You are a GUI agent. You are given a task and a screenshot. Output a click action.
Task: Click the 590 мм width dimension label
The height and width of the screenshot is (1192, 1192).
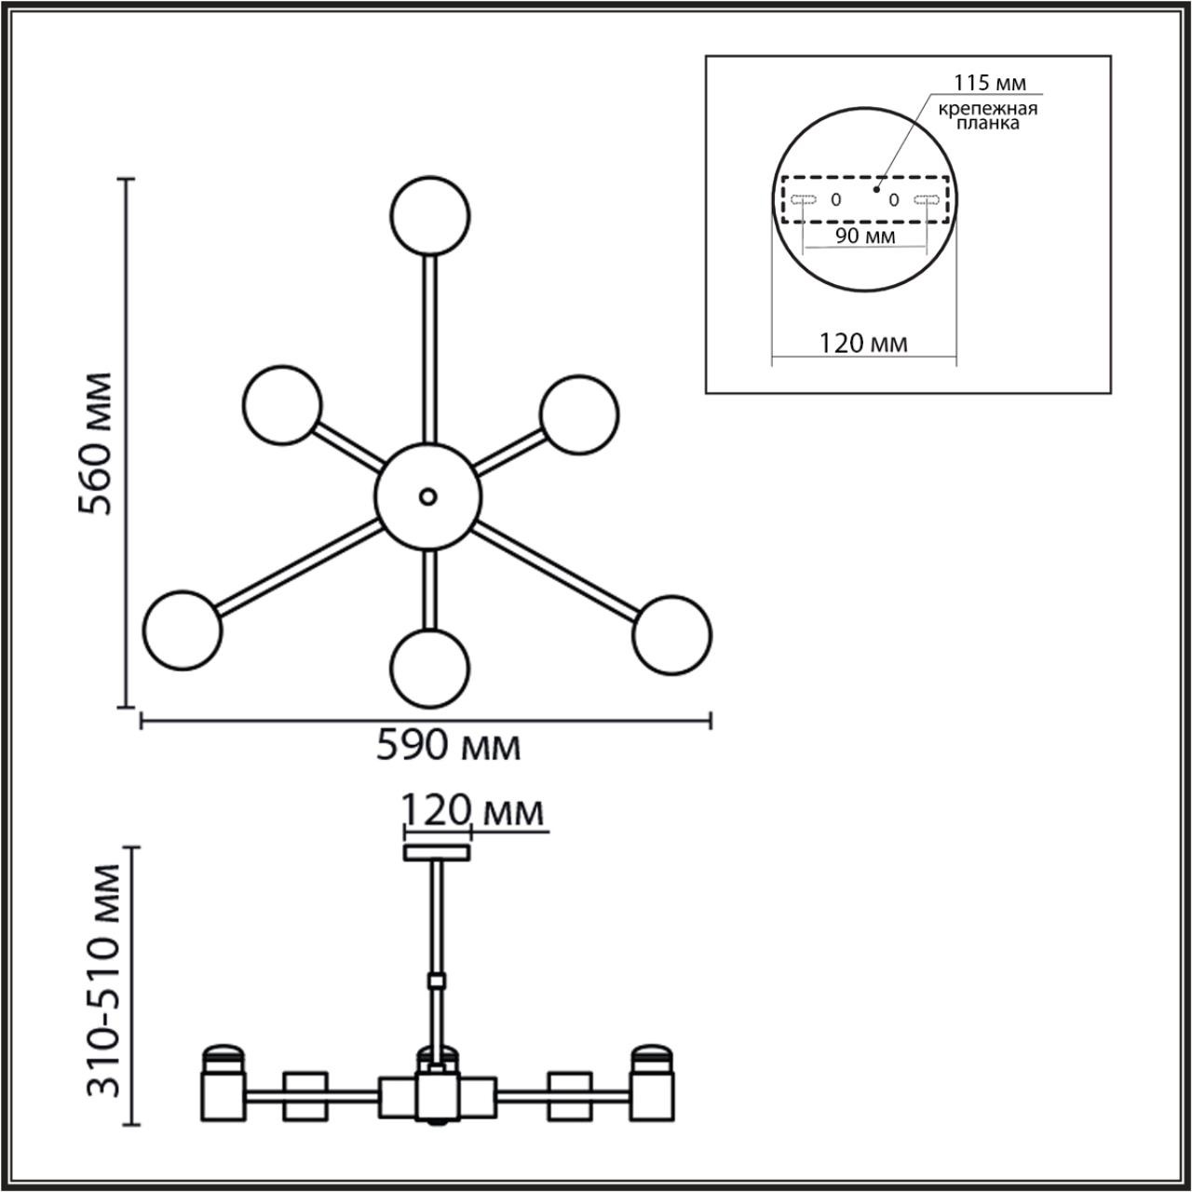click(448, 746)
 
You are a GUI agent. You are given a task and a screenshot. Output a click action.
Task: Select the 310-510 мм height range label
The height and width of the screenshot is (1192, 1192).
click(102, 980)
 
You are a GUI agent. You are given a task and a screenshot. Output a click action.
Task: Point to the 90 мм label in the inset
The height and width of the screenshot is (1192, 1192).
click(865, 236)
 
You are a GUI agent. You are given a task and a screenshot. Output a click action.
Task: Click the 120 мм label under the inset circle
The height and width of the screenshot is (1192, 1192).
click(863, 344)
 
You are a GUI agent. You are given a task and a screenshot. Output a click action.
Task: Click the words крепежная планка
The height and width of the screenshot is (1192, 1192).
click(987, 116)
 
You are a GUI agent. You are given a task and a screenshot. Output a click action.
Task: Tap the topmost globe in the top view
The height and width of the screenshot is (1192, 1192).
click(428, 215)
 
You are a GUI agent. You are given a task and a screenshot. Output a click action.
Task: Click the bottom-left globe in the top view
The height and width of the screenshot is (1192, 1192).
click(183, 629)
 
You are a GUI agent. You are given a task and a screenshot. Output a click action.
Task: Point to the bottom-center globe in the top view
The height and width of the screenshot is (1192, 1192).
click(429, 667)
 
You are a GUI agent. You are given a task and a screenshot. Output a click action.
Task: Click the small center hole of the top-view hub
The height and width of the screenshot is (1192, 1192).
click(427, 496)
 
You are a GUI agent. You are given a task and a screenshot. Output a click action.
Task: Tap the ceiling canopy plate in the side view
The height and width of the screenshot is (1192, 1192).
click(436, 852)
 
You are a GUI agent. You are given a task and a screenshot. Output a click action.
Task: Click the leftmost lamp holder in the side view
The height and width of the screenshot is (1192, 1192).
click(223, 1084)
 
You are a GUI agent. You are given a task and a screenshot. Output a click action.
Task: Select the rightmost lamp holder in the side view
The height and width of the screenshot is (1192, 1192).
click(651, 1084)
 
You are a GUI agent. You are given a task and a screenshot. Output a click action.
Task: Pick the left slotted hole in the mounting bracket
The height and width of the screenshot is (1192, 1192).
click(803, 199)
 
